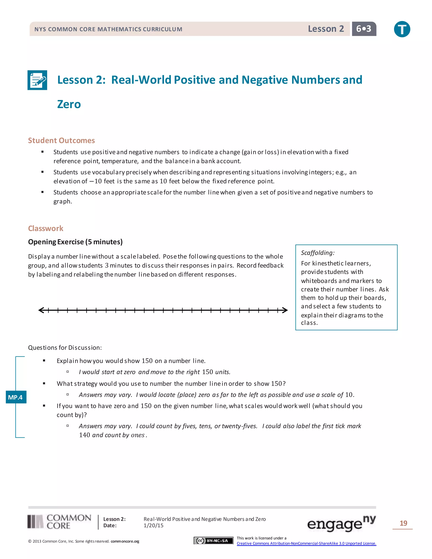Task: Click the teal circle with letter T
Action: click(402, 29)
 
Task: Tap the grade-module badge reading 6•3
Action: click(364, 29)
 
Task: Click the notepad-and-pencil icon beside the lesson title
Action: click(37, 80)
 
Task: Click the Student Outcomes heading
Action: click(61, 140)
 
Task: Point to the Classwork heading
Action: click(46, 228)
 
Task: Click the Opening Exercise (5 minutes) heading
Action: click(75, 242)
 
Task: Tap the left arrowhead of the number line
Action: click(41, 310)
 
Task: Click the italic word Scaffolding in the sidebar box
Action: click(317, 253)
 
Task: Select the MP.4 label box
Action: click(16, 397)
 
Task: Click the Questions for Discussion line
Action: click(65, 348)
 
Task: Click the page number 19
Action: click(403, 523)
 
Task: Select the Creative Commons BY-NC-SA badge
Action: click(213, 541)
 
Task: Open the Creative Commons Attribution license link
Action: click(306, 543)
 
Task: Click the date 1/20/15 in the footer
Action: click(153, 525)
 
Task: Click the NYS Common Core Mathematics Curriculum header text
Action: click(108, 29)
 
